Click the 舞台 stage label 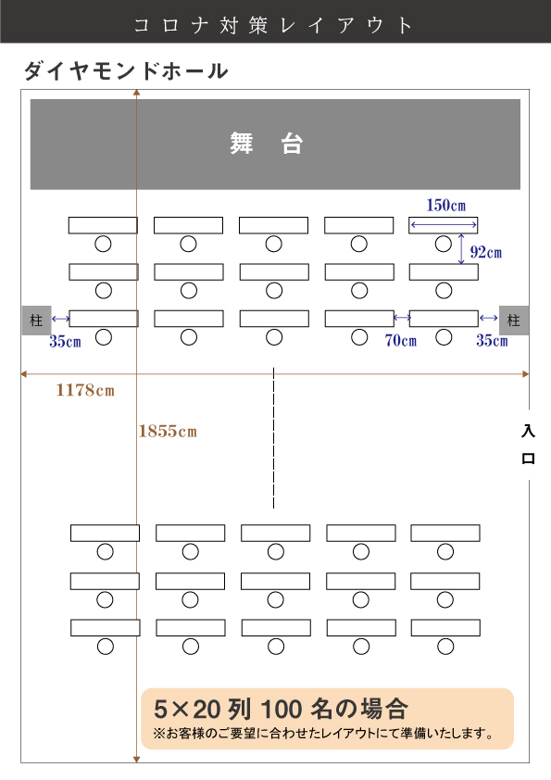[266, 144]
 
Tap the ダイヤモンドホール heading [126, 71]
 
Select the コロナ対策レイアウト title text [273, 25]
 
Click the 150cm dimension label [445, 205]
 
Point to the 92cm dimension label [486, 252]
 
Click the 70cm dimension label [400, 340]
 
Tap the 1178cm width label [85, 390]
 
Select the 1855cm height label [168, 431]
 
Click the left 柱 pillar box [36, 320]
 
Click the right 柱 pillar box [514, 320]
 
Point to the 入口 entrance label [528, 445]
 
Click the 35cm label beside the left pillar [65, 341]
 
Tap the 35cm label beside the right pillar [492, 340]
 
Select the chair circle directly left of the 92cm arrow [443, 244]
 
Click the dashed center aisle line [273, 438]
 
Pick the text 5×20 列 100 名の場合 [281, 709]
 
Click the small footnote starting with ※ [323, 734]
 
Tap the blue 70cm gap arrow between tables [402, 317]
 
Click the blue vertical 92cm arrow [461, 248]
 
